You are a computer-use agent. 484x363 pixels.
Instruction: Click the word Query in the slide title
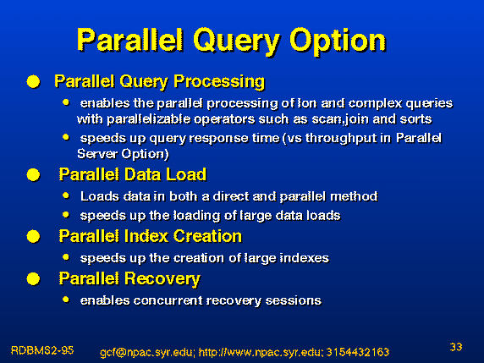pos(237,41)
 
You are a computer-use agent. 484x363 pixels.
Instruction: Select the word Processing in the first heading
pos(219,82)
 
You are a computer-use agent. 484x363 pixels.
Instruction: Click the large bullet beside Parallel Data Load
pos(33,175)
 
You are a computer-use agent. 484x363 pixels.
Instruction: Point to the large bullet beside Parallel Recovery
pos(33,278)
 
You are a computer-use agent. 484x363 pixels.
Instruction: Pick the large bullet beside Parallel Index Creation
pos(33,237)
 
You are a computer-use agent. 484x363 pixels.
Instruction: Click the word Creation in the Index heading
pos(207,236)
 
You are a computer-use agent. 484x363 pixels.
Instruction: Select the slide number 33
pos(456,347)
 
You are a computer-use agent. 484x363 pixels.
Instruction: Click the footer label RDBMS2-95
pos(42,350)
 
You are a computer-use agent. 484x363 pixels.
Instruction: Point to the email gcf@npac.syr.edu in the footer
pos(147,352)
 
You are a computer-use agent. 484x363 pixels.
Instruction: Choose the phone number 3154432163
pos(358,352)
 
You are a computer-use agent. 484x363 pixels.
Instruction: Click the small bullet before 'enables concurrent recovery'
pos(66,300)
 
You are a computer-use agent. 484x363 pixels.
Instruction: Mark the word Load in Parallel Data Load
pos(186,174)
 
